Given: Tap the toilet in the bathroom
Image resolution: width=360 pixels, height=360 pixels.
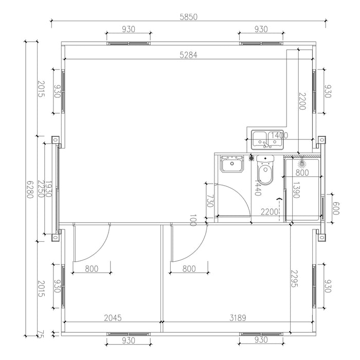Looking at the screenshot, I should [x=265, y=173].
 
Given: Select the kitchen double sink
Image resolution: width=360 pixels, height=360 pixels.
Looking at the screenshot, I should [x=267, y=138].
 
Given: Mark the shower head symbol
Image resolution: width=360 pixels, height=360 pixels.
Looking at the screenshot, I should [x=302, y=163].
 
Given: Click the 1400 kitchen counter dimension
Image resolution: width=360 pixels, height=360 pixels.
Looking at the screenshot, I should [x=279, y=136].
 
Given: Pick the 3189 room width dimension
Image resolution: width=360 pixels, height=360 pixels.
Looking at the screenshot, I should [x=237, y=318].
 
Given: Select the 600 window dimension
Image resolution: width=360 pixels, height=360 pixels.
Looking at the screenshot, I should [x=336, y=208].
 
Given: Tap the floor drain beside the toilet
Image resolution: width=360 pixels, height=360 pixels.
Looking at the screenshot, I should [x=251, y=158].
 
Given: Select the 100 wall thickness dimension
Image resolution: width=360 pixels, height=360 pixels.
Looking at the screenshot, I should [x=193, y=221].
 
